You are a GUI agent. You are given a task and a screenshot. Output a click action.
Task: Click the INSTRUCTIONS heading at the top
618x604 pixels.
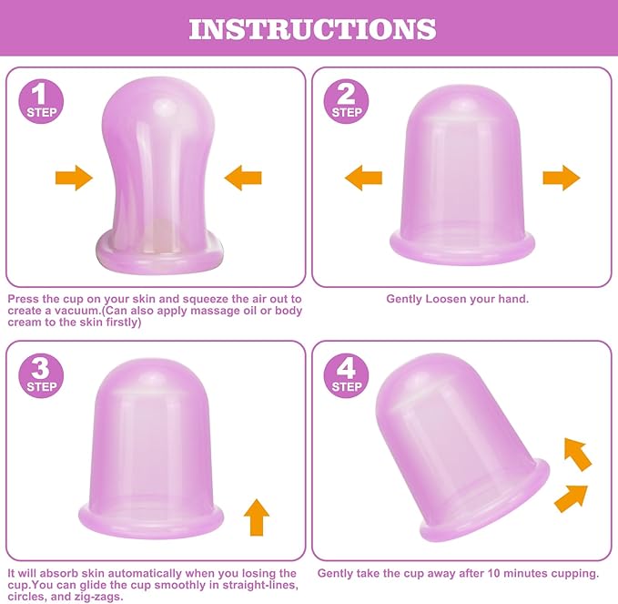(312, 28)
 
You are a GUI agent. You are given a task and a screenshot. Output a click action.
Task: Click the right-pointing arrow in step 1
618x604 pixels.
(74, 177)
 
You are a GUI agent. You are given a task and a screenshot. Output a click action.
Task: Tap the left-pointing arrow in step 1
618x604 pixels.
(243, 177)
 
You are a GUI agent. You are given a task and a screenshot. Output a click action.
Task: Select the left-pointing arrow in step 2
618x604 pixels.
(363, 177)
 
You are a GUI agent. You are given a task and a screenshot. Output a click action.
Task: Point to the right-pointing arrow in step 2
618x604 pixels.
(562, 177)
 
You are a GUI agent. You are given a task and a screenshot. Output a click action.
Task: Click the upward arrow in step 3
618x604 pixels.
(258, 517)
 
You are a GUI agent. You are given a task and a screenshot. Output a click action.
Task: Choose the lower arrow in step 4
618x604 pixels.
(571, 497)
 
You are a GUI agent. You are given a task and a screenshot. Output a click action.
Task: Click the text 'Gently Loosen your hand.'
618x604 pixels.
(458, 299)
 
